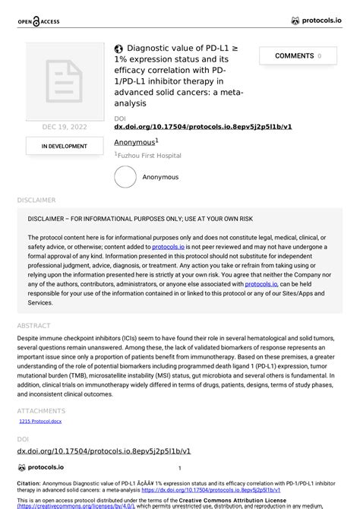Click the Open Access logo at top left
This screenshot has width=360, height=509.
pos(39,21)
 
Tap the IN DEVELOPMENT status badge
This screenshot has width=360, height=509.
pos(64,147)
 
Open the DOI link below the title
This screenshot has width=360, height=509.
pos(203,127)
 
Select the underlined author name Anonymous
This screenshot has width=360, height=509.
pos(134,142)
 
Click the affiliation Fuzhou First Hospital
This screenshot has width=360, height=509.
pos(149,156)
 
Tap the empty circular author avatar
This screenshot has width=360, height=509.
pos(125,177)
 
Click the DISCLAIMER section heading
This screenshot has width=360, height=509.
pos(36,201)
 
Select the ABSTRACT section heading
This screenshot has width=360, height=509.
pos(34,326)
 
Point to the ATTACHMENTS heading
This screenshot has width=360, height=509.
pos(41,411)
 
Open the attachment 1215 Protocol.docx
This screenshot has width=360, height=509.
pos(39,421)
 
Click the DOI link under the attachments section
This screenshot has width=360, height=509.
pos(103,451)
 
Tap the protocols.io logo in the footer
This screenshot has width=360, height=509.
pos(41,468)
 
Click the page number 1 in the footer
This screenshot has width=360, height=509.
pos(179,469)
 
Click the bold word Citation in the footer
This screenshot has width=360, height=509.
pos(31,483)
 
